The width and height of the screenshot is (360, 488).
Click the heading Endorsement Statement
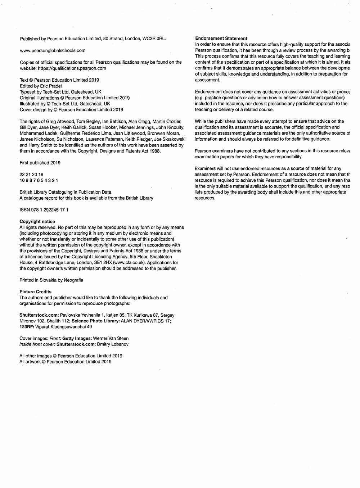pos(221,39)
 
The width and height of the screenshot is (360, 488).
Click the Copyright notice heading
pos(37,222)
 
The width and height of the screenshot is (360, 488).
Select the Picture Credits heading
pos(35,292)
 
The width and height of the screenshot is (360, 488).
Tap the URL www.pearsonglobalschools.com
pos(53,51)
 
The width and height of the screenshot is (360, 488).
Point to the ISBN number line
pos(44,210)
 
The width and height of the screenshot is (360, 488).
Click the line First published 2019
pos(40,163)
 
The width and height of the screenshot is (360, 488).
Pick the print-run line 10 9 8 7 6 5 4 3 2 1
pos(39,180)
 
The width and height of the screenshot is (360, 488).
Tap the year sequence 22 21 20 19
pos(31,175)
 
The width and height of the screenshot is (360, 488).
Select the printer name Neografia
pos(73,280)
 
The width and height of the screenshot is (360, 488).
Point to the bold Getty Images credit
pos(77,339)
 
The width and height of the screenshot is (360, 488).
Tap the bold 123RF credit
pos(26,327)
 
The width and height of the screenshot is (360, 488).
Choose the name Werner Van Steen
pos(111,339)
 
